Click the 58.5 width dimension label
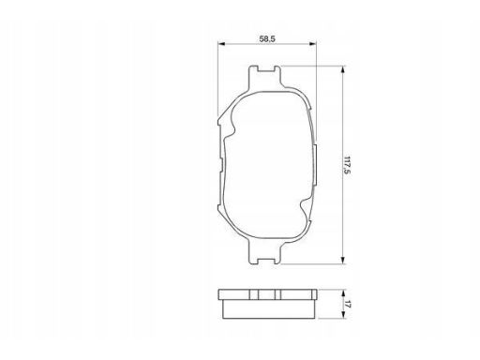267,38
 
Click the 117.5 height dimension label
346,165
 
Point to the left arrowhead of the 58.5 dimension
221,44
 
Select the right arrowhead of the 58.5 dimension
312,44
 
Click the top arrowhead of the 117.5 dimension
343,69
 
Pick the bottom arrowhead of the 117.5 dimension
343,260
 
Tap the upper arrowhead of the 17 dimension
343,292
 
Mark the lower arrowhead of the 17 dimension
343,315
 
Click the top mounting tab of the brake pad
264,78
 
